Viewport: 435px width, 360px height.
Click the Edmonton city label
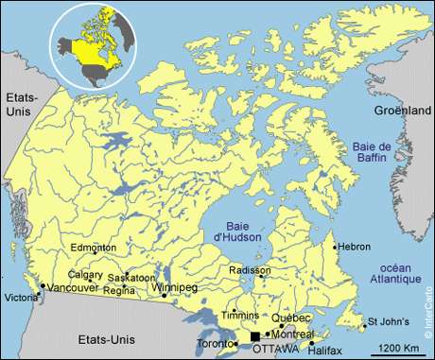coord(93,248)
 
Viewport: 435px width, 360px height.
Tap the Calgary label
coord(85,274)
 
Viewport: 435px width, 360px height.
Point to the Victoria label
coord(22,299)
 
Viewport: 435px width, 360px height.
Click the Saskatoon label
coord(131,278)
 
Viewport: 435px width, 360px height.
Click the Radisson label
coord(249,270)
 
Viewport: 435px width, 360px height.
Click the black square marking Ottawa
coord(254,336)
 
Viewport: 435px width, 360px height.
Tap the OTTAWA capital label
coord(277,349)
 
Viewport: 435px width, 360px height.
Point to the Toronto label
coord(214,344)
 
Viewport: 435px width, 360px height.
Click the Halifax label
coord(325,350)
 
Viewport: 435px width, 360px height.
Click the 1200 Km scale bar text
coord(388,349)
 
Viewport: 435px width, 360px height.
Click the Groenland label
coord(401,111)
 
